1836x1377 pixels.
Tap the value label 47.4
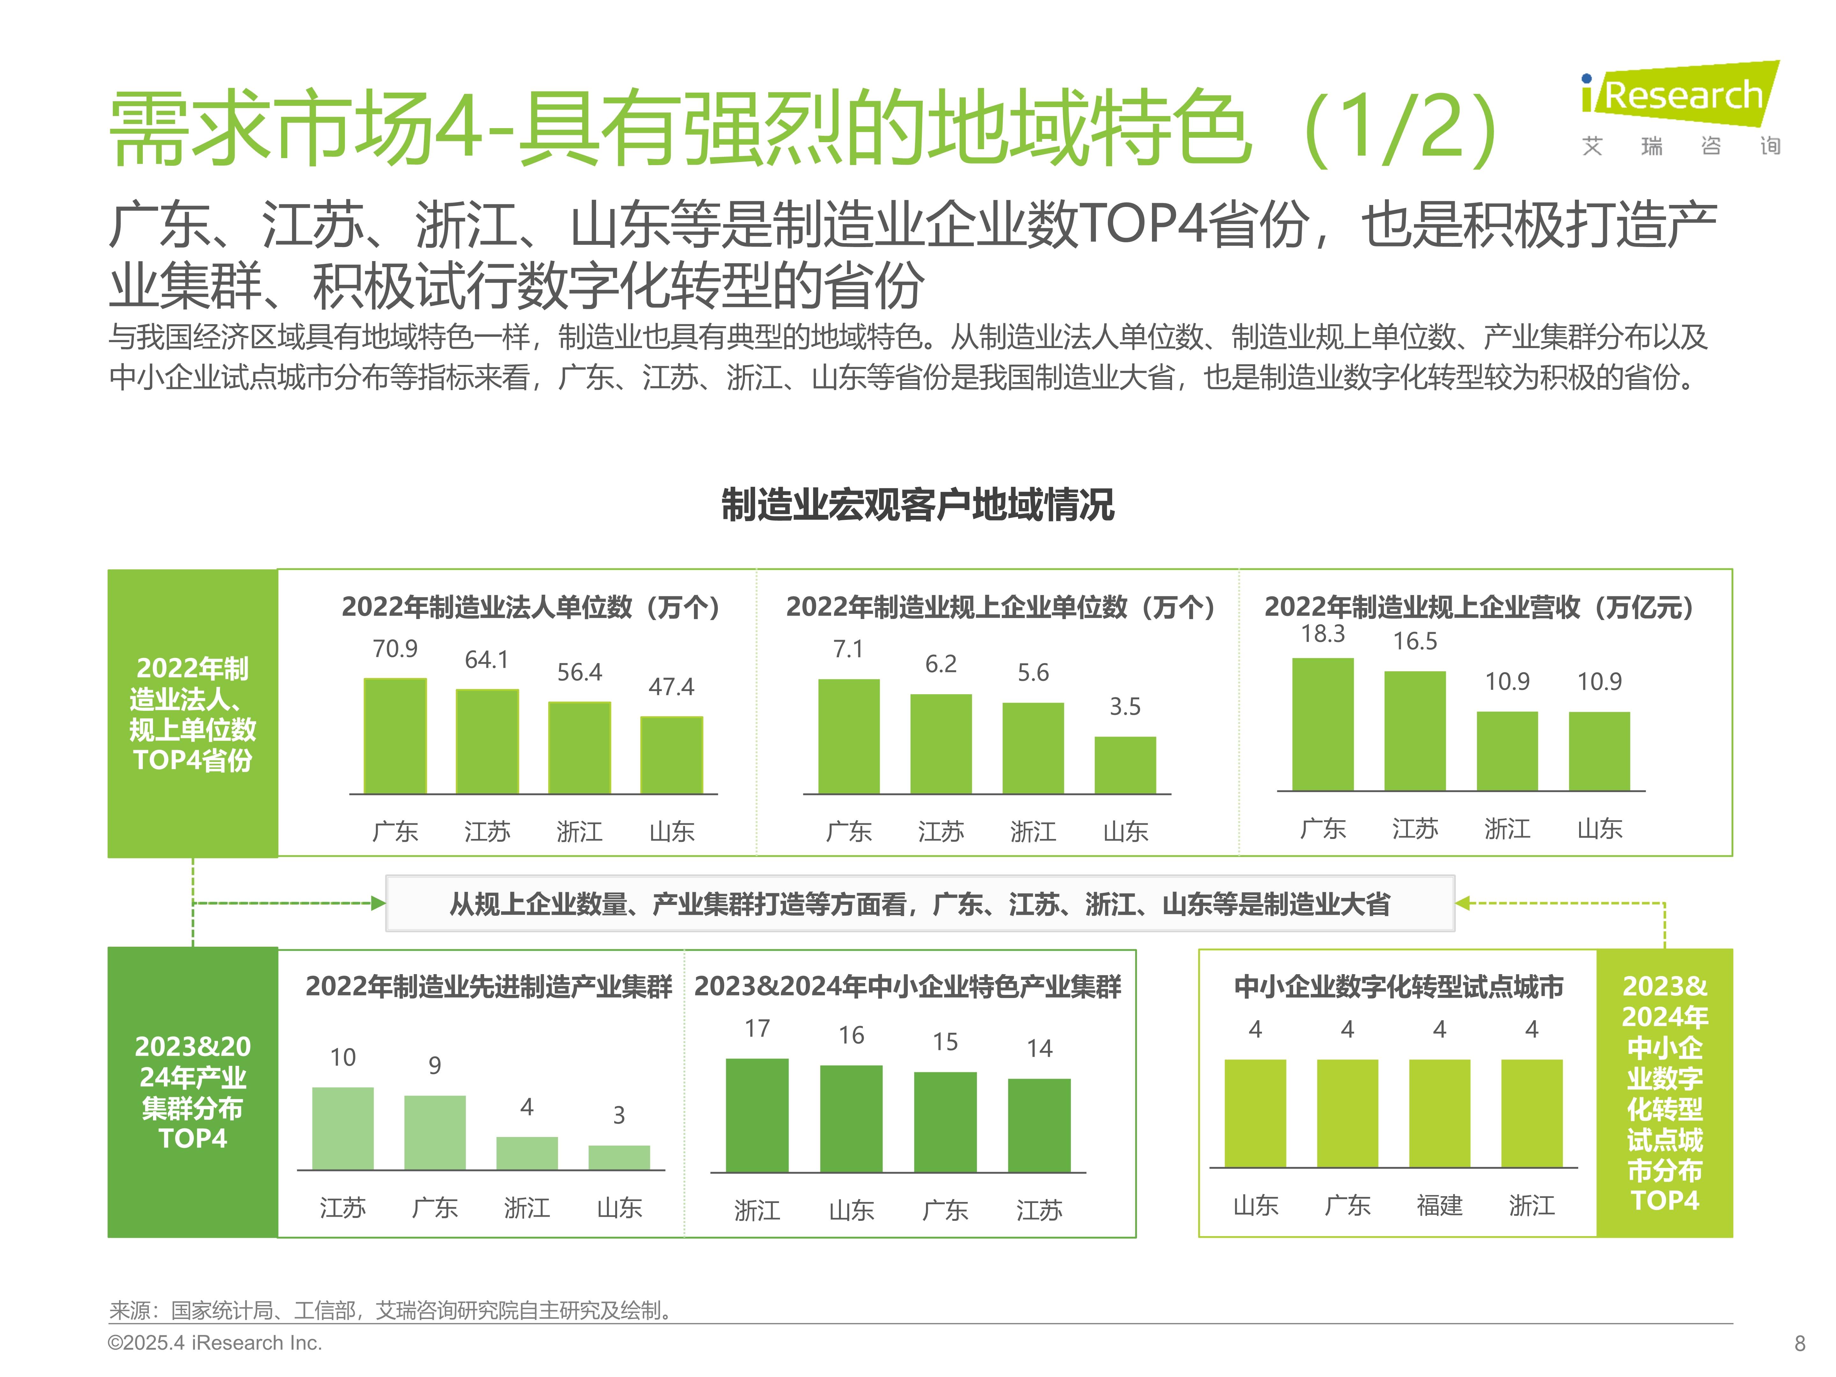coord(672,686)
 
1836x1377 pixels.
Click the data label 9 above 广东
coord(435,1066)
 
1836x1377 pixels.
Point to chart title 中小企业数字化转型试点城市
coord(1399,987)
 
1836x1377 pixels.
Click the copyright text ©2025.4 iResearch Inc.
coord(215,1343)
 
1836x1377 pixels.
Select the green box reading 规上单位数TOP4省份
coord(193,714)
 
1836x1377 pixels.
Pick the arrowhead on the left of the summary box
coord(378,903)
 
